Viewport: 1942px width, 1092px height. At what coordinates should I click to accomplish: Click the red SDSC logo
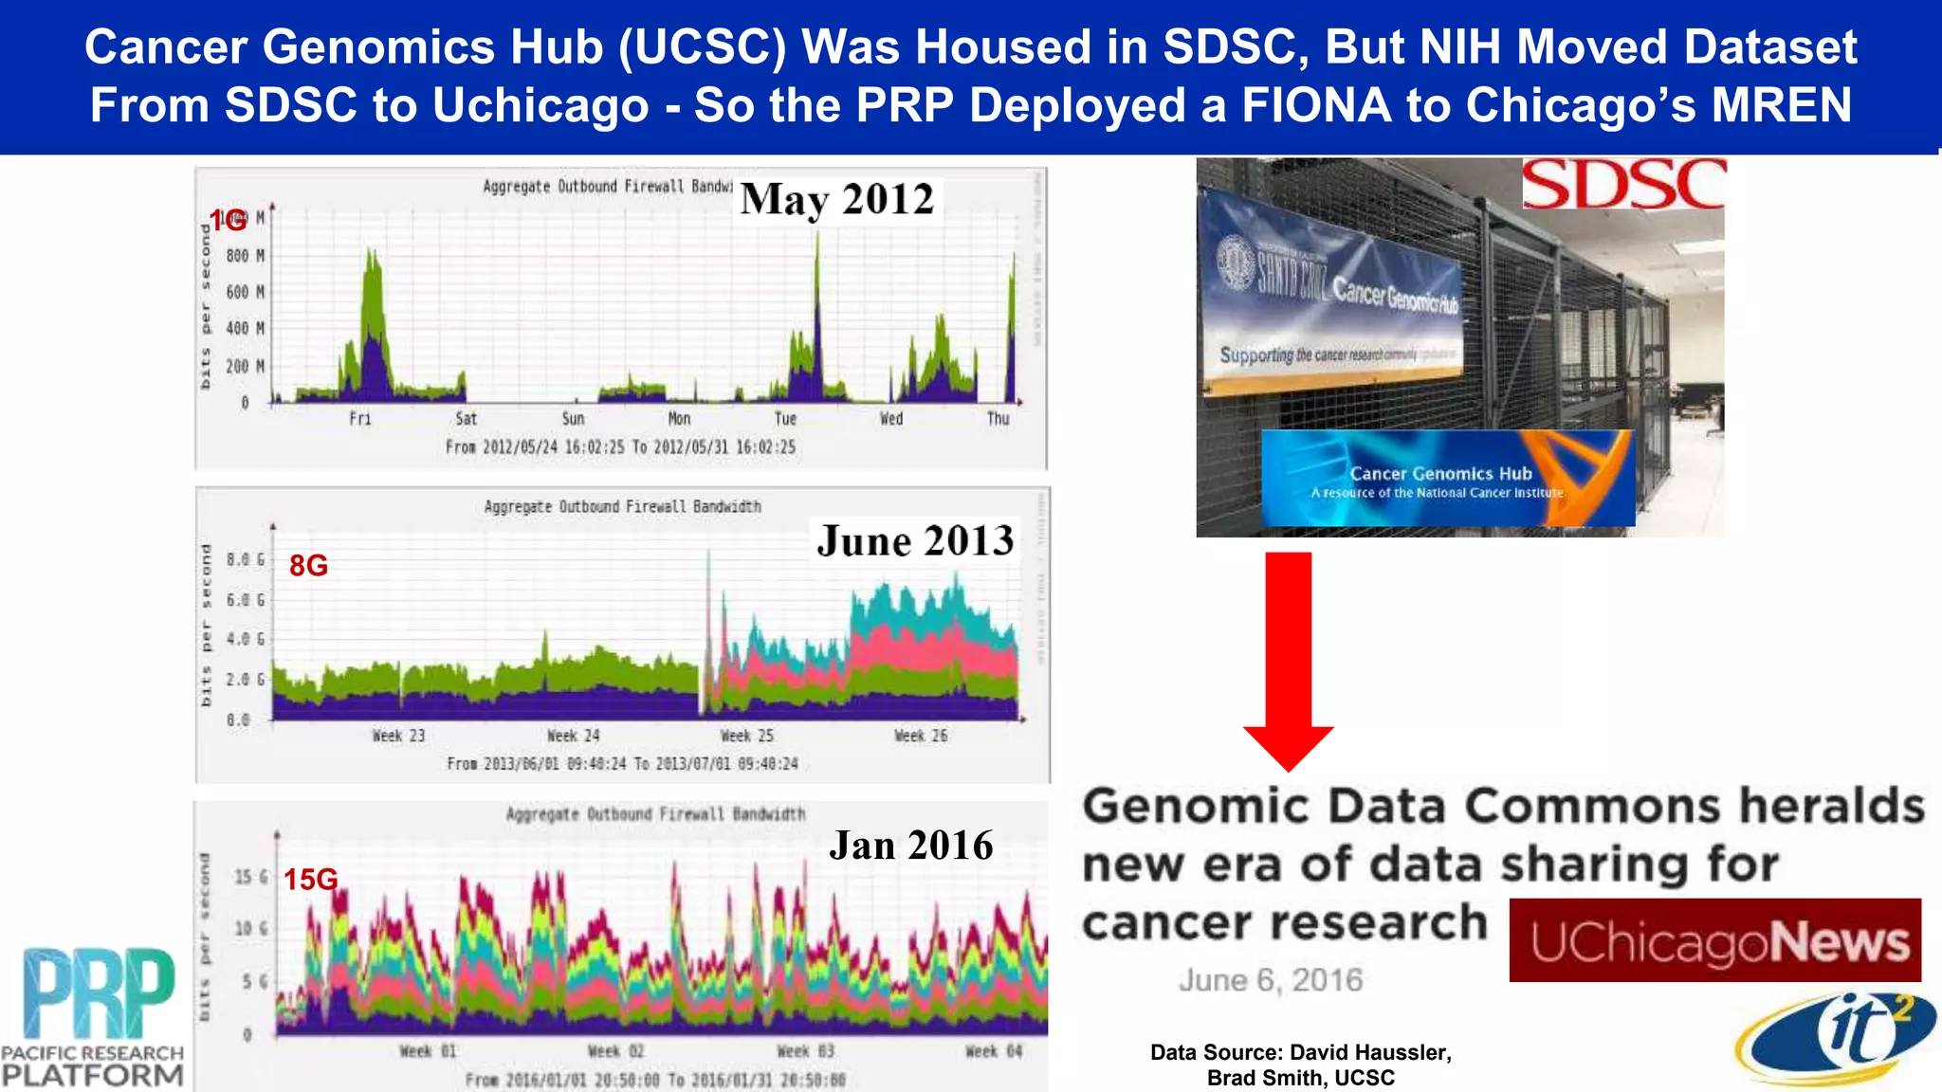(1622, 184)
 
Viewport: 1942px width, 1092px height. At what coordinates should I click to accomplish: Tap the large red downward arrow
(1288, 654)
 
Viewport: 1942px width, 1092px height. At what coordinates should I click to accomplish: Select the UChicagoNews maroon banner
(1714, 940)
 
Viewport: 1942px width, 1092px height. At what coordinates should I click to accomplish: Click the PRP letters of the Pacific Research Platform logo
(100, 992)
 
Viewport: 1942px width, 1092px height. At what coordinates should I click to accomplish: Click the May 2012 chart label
(836, 200)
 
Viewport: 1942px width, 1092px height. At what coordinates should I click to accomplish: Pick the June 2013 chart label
(915, 541)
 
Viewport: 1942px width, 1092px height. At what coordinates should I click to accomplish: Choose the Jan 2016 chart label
(910, 846)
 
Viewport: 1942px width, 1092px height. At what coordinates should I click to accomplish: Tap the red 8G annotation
(308, 566)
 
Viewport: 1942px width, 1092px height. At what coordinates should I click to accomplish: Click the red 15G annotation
(310, 880)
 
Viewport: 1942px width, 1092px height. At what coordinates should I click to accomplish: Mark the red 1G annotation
(228, 221)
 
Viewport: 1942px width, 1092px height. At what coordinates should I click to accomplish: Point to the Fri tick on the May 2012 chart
(360, 419)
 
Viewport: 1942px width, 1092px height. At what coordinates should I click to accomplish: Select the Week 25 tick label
(747, 736)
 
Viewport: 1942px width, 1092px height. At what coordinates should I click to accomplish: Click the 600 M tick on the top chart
(245, 292)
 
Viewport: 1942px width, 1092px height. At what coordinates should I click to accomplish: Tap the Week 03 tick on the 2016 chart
(805, 1051)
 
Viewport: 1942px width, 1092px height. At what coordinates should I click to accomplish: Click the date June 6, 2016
(1270, 980)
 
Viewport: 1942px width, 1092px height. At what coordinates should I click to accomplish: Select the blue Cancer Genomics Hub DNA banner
(1447, 479)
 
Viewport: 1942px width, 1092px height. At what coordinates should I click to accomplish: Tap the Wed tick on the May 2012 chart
(891, 419)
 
